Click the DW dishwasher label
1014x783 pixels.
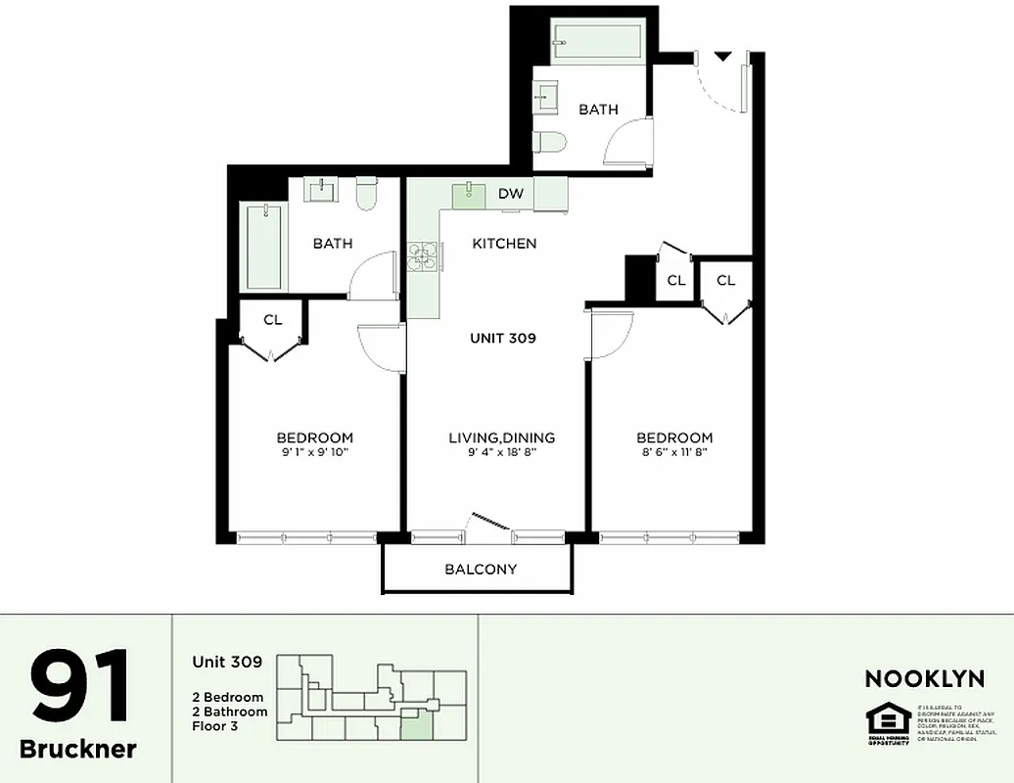[x=511, y=194]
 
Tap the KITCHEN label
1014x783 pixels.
[x=504, y=243]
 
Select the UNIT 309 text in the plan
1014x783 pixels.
[x=503, y=339]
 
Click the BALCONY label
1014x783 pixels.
[x=481, y=569]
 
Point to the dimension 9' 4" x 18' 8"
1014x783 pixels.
[x=502, y=452]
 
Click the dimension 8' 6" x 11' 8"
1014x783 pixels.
[x=674, y=452]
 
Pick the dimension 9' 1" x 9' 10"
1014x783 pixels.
[x=314, y=452]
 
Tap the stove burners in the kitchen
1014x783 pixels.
[x=425, y=256]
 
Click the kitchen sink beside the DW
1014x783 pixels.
[x=469, y=193]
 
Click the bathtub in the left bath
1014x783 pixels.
[x=264, y=246]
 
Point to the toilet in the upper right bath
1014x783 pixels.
[x=551, y=143]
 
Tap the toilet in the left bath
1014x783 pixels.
[x=367, y=194]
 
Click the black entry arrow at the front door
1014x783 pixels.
[x=721, y=57]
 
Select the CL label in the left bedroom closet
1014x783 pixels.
[x=273, y=319]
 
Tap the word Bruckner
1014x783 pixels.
[x=78, y=750]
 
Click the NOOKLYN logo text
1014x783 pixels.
[x=924, y=678]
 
